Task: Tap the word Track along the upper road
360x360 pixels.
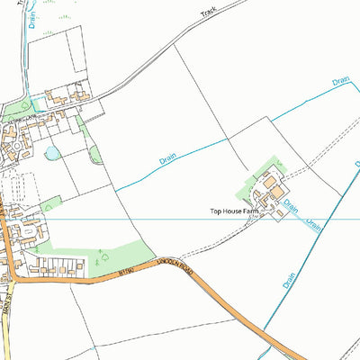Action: (x=210, y=16)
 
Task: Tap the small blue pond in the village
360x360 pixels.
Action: (x=52, y=153)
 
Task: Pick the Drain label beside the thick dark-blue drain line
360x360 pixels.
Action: (x=289, y=280)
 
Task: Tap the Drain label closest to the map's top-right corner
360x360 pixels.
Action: (x=339, y=81)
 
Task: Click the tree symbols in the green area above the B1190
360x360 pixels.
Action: (x=99, y=262)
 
